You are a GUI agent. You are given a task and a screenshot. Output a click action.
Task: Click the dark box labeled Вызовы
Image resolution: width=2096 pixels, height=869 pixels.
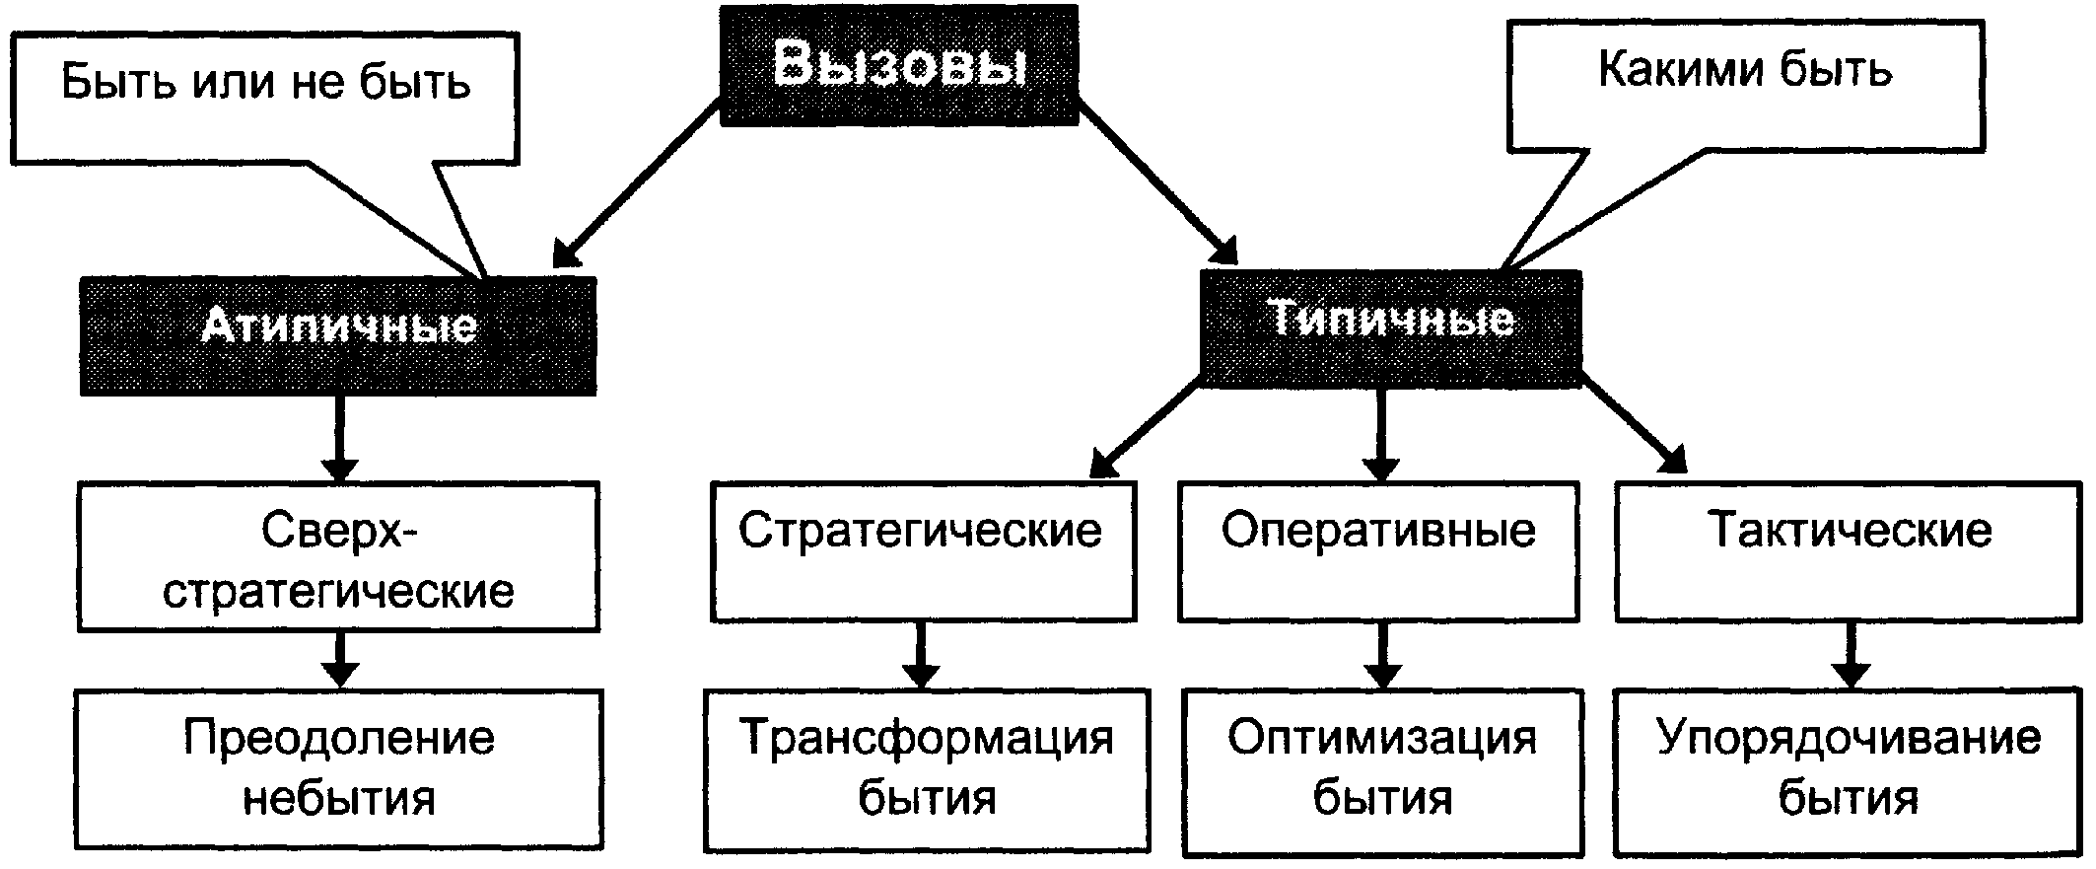[x=898, y=65]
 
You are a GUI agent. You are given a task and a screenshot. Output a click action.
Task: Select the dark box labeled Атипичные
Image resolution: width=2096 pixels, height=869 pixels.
[x=338, y=336]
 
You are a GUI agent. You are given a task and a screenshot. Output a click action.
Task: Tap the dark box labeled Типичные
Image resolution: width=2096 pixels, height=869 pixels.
[x=1390, y=327]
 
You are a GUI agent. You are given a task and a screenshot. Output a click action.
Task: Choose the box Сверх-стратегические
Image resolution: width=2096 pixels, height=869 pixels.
[x=338, y=556]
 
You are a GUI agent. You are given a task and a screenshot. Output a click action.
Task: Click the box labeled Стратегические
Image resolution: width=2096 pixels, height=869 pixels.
[x=922, y=551]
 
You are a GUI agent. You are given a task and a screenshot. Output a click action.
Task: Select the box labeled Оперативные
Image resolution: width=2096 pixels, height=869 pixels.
[x=1378, y=551]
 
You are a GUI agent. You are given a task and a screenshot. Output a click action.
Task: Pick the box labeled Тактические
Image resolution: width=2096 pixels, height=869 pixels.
[x=1850, y=551]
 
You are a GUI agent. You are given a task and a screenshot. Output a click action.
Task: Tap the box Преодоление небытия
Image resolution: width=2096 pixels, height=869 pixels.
[x=338, y=768]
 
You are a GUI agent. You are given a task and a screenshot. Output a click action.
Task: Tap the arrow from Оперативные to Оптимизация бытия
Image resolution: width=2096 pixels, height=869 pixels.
[x=1382, y=655]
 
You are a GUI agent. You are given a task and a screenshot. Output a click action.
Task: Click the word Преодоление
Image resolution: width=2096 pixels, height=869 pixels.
[x=338, y=739]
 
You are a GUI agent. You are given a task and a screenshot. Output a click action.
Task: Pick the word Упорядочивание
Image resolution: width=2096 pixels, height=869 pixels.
[x=1850, y=739]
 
